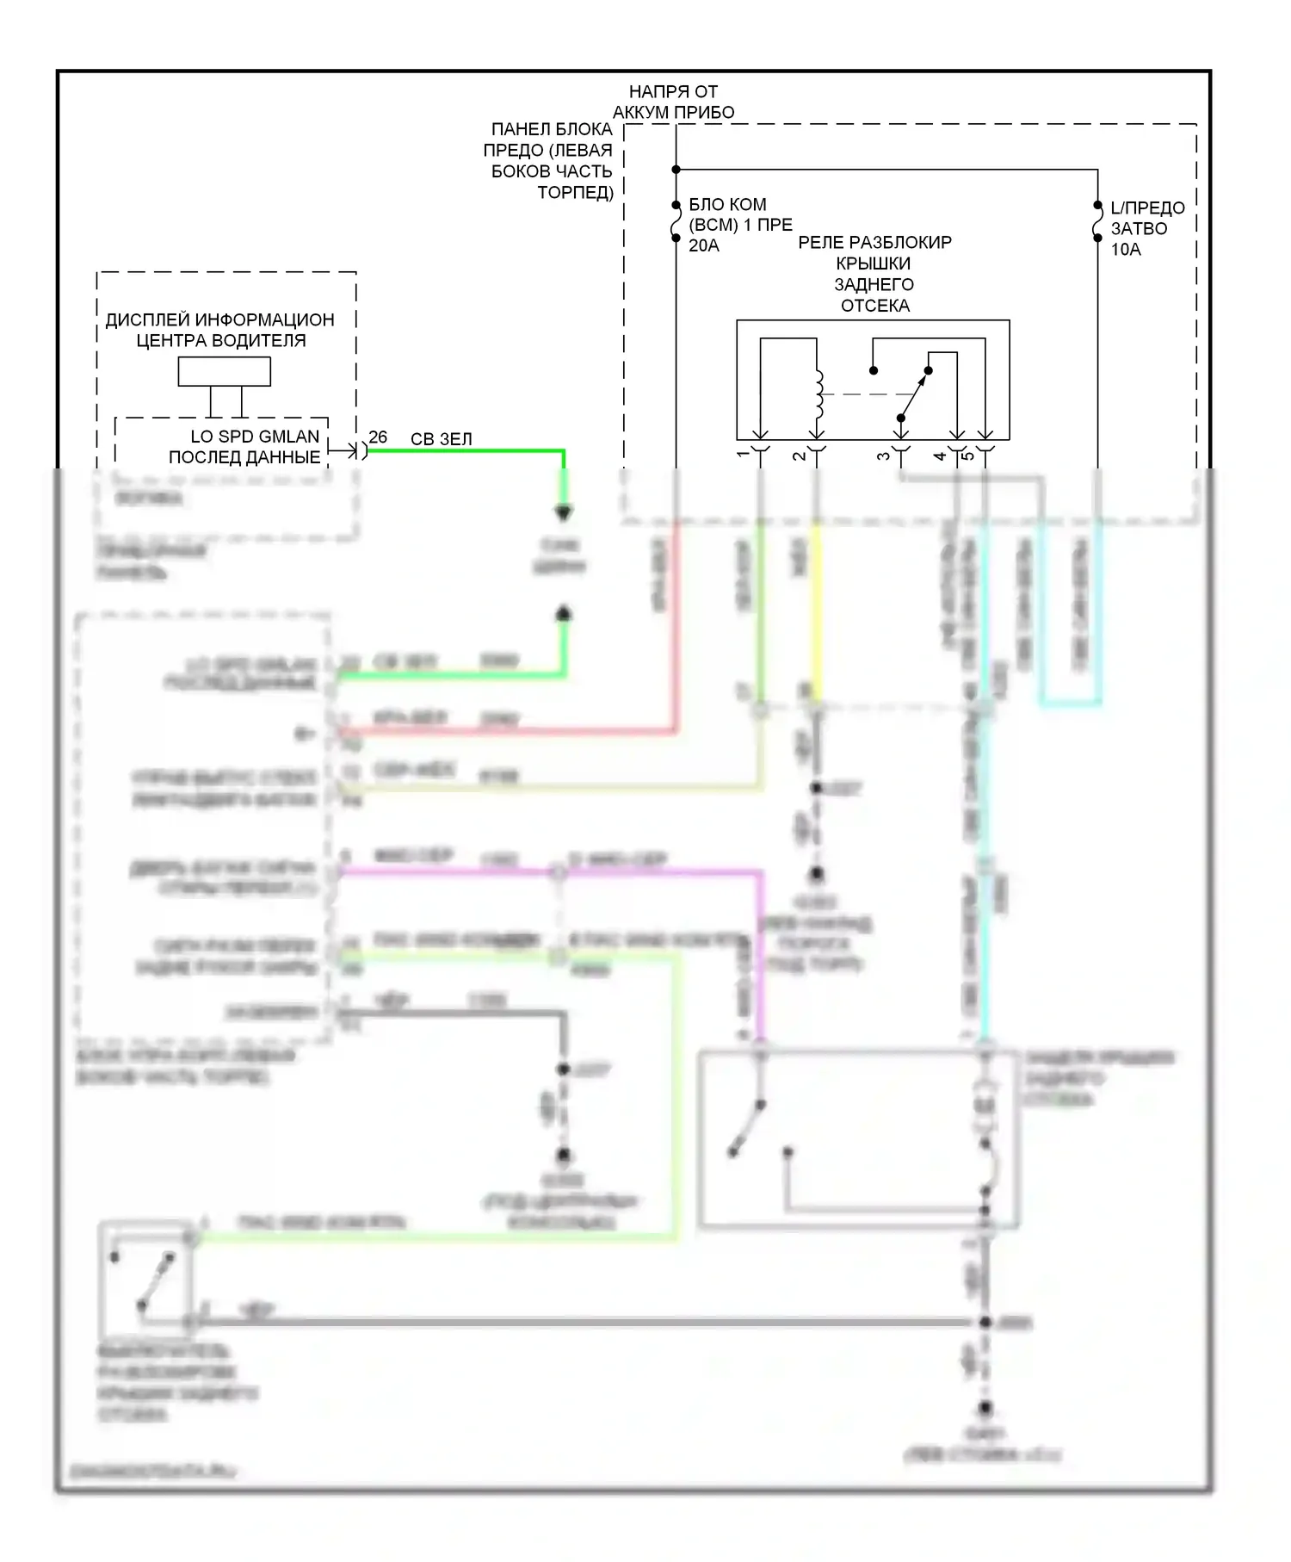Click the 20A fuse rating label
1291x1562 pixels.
[703, 246]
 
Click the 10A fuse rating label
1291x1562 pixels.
[1125, 250]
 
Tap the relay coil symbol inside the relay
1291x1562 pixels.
[818, 393]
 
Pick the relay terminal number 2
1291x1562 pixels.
[800, 455]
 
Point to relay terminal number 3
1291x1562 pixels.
[884, 455]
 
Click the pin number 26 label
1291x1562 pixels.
[378, 437]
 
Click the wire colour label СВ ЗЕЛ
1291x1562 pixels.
[442, 439]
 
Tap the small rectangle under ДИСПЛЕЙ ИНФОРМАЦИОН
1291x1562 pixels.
[224, 371]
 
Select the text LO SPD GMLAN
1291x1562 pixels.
[255, 437]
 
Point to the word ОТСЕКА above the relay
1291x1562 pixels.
[874, 306]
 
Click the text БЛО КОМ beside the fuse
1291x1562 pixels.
[727, 205]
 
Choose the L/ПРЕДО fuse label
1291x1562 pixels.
[1147, 208]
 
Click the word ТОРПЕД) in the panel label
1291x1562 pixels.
[575, 192]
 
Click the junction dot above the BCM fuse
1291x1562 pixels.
[676, 170]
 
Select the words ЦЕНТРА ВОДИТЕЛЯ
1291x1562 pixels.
[220, 341]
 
